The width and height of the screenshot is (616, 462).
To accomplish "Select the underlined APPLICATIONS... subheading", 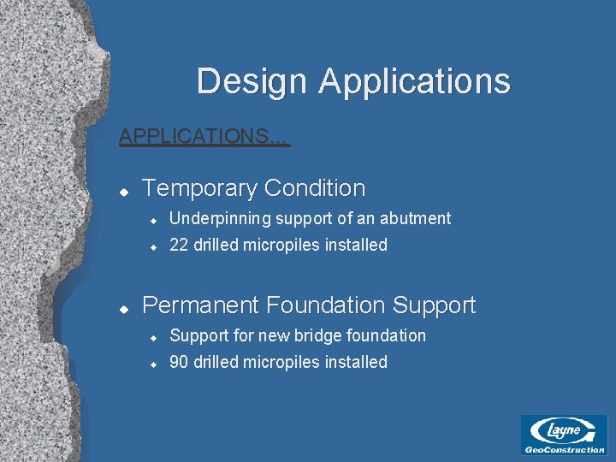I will click(x=204, y=136).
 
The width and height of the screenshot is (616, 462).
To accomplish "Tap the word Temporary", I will click(x=199, y=188).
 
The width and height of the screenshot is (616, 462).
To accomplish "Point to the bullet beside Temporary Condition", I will click(x=123, y=190).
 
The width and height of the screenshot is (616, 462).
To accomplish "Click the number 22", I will click(x=179, y=246).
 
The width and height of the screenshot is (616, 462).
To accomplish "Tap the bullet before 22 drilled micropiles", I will click(x=151, y=246).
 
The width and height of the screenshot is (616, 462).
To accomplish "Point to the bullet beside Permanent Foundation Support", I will click(x=123, y=307).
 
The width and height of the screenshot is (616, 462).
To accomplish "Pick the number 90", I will click(x=179, y=363).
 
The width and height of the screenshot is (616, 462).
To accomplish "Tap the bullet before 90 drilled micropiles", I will click(x=151, y=364).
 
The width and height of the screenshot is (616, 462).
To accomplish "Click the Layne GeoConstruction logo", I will click(x=564, y=435).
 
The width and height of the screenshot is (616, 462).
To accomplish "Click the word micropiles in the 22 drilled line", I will click(x=280, y=246).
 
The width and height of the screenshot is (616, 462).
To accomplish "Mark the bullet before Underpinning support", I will click(x=151, y=220).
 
